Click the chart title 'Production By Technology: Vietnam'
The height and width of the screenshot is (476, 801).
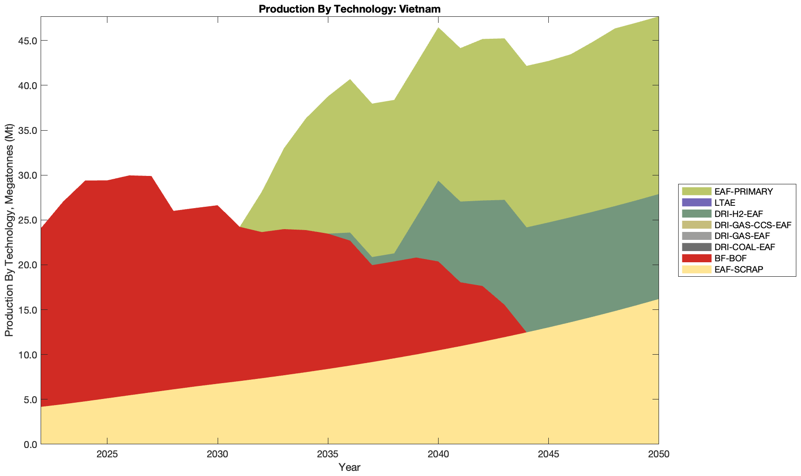pyautogui.click(x=349, y=9)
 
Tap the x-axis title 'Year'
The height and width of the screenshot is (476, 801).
pyautogui.click(x=349, y=467)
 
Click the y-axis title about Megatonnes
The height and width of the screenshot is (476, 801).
pyautogui.click(x=9, y=230)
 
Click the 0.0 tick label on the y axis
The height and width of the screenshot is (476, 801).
pyautogui.click(x=30, y=444)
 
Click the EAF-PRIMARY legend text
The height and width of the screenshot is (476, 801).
pyautogui.click(x=744, y=192)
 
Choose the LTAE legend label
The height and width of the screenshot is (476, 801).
pyautogui.click(x=725, y=203)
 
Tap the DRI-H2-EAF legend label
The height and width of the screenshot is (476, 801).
pyautogui.click(x=738, y=214)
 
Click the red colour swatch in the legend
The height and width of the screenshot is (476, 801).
pyautogui.click(x=696, y=258)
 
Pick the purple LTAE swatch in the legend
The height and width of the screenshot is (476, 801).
pyautogui.click(x=696, y=203)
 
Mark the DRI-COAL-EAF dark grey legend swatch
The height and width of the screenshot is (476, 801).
pyautogui.click(x=696, y=247)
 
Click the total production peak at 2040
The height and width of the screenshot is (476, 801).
pyautogui.click(x=438, y=28)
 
